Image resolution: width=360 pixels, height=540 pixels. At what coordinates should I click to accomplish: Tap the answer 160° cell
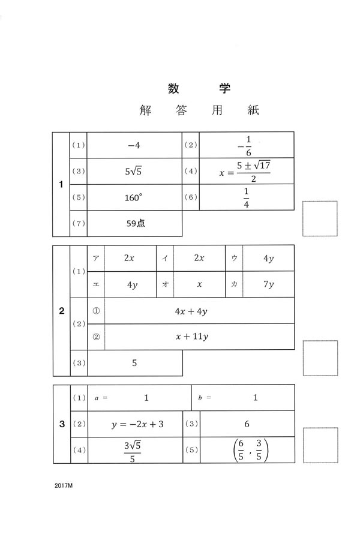pyautogui.click(x=134, y=197)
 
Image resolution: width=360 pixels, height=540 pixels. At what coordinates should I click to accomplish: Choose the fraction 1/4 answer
pyautogui.click(x=246, y=197)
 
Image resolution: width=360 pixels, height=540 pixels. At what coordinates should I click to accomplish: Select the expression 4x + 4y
pyautogui.click(x=191, y=311)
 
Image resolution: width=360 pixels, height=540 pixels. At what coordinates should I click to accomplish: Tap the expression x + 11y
pyautogui.click(x=191, y=337)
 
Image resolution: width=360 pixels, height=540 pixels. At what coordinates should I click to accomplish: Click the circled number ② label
pyautogui.click(x=96, y=337)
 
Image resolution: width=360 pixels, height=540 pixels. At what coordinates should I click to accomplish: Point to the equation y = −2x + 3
pyautogui.click(x=137, y=424)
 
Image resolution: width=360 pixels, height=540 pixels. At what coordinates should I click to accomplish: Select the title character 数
pyautogui.click(x=175, y=88)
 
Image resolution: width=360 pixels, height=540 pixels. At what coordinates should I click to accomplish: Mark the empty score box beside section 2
pyautogui.click(x=319, y=358)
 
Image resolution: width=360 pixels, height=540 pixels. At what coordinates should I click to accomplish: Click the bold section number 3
pyautogui.click(x=62, y=424)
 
